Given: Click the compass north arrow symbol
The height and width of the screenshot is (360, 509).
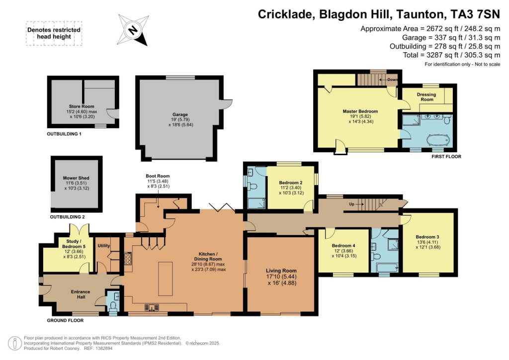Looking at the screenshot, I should coord(133,29).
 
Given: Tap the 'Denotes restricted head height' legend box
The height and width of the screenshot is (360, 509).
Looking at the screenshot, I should coord(53,33).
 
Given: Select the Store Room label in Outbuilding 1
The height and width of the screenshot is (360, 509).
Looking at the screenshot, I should coord(82,106).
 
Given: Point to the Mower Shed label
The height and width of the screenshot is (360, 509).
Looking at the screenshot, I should coord(76,178).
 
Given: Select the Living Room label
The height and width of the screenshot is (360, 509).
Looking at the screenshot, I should coord(281,271).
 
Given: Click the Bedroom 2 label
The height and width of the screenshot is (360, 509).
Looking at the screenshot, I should coord(290,182).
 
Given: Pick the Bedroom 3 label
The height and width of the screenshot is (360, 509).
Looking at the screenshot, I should coord(427,237).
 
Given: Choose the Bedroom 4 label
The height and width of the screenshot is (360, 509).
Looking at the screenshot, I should coord(343,246).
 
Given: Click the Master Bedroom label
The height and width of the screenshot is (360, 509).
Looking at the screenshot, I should coord(360,111).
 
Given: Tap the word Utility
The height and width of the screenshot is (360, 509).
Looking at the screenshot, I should coord(103,246).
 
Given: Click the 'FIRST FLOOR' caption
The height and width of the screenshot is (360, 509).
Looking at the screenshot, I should coord(446,157).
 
